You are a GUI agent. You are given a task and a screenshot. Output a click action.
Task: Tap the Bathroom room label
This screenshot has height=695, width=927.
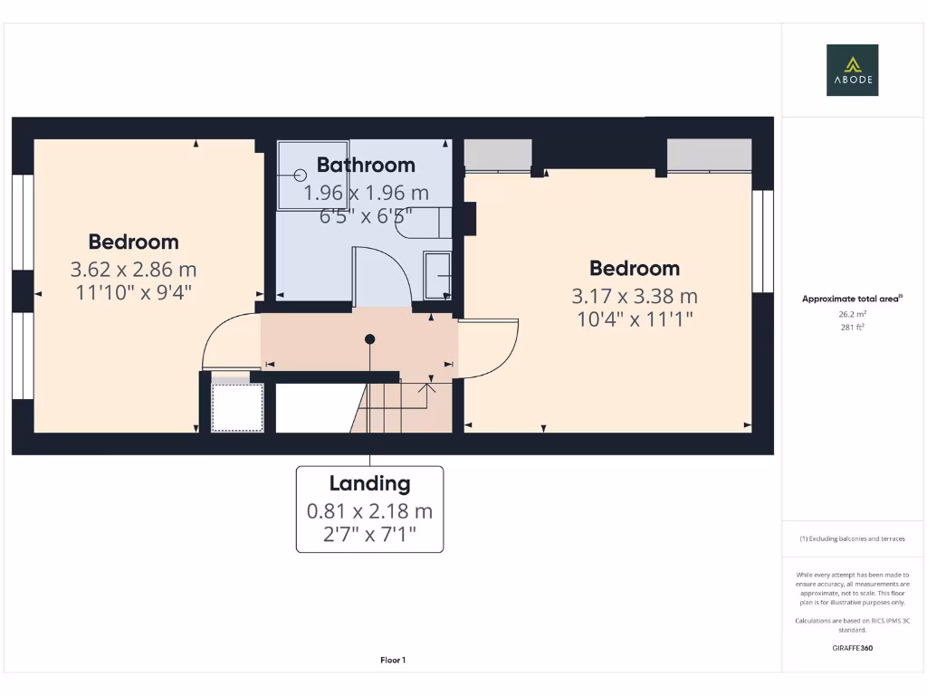(366, 165)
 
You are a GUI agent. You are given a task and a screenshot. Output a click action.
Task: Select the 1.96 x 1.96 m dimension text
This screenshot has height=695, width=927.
(366, 193)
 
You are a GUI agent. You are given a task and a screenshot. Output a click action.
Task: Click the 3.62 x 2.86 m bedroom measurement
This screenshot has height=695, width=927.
(133, 270)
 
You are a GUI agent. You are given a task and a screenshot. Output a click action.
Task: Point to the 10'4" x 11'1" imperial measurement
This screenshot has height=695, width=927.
(634, 319)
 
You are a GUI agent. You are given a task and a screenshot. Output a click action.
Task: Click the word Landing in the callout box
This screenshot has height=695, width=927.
(369, 483)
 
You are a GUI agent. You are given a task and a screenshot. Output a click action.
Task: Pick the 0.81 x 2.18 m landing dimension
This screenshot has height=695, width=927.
(369, 511)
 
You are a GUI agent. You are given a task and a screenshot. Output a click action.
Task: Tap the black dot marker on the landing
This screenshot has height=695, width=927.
(369, 339)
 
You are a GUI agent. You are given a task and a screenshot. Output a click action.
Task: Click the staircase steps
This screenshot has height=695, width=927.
(398, 407)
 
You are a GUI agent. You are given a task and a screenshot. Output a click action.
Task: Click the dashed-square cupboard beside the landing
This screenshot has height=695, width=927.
(237, 407)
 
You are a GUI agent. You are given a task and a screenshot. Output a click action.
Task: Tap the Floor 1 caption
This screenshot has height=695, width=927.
(393, 661)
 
